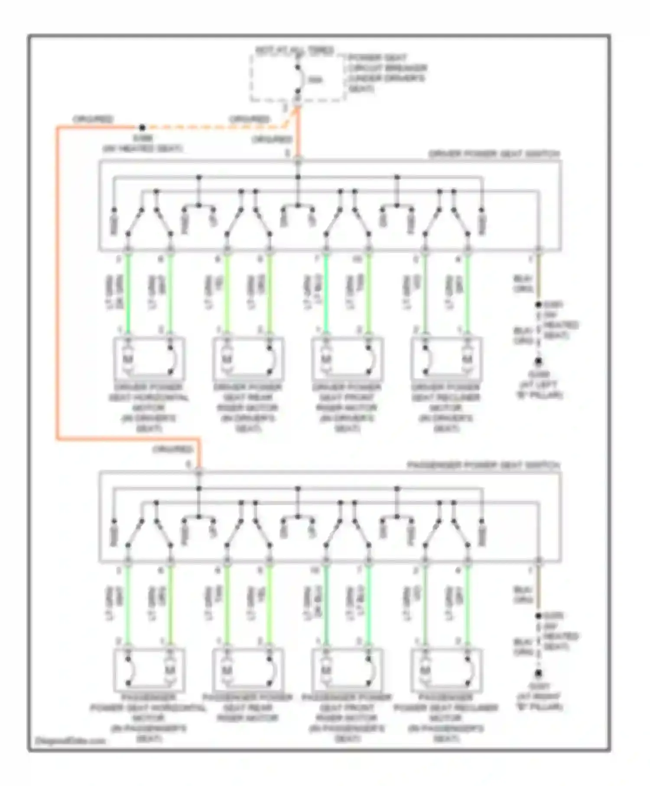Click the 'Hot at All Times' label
(294, 50)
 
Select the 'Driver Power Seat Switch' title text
(494, 154)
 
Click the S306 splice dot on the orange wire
(142, 127)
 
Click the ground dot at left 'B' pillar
(538, 361)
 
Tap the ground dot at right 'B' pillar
(538, 673)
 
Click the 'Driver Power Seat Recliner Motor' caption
(446, 407)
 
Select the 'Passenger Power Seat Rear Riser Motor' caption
(248, 708)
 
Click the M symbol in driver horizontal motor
(128, 359)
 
